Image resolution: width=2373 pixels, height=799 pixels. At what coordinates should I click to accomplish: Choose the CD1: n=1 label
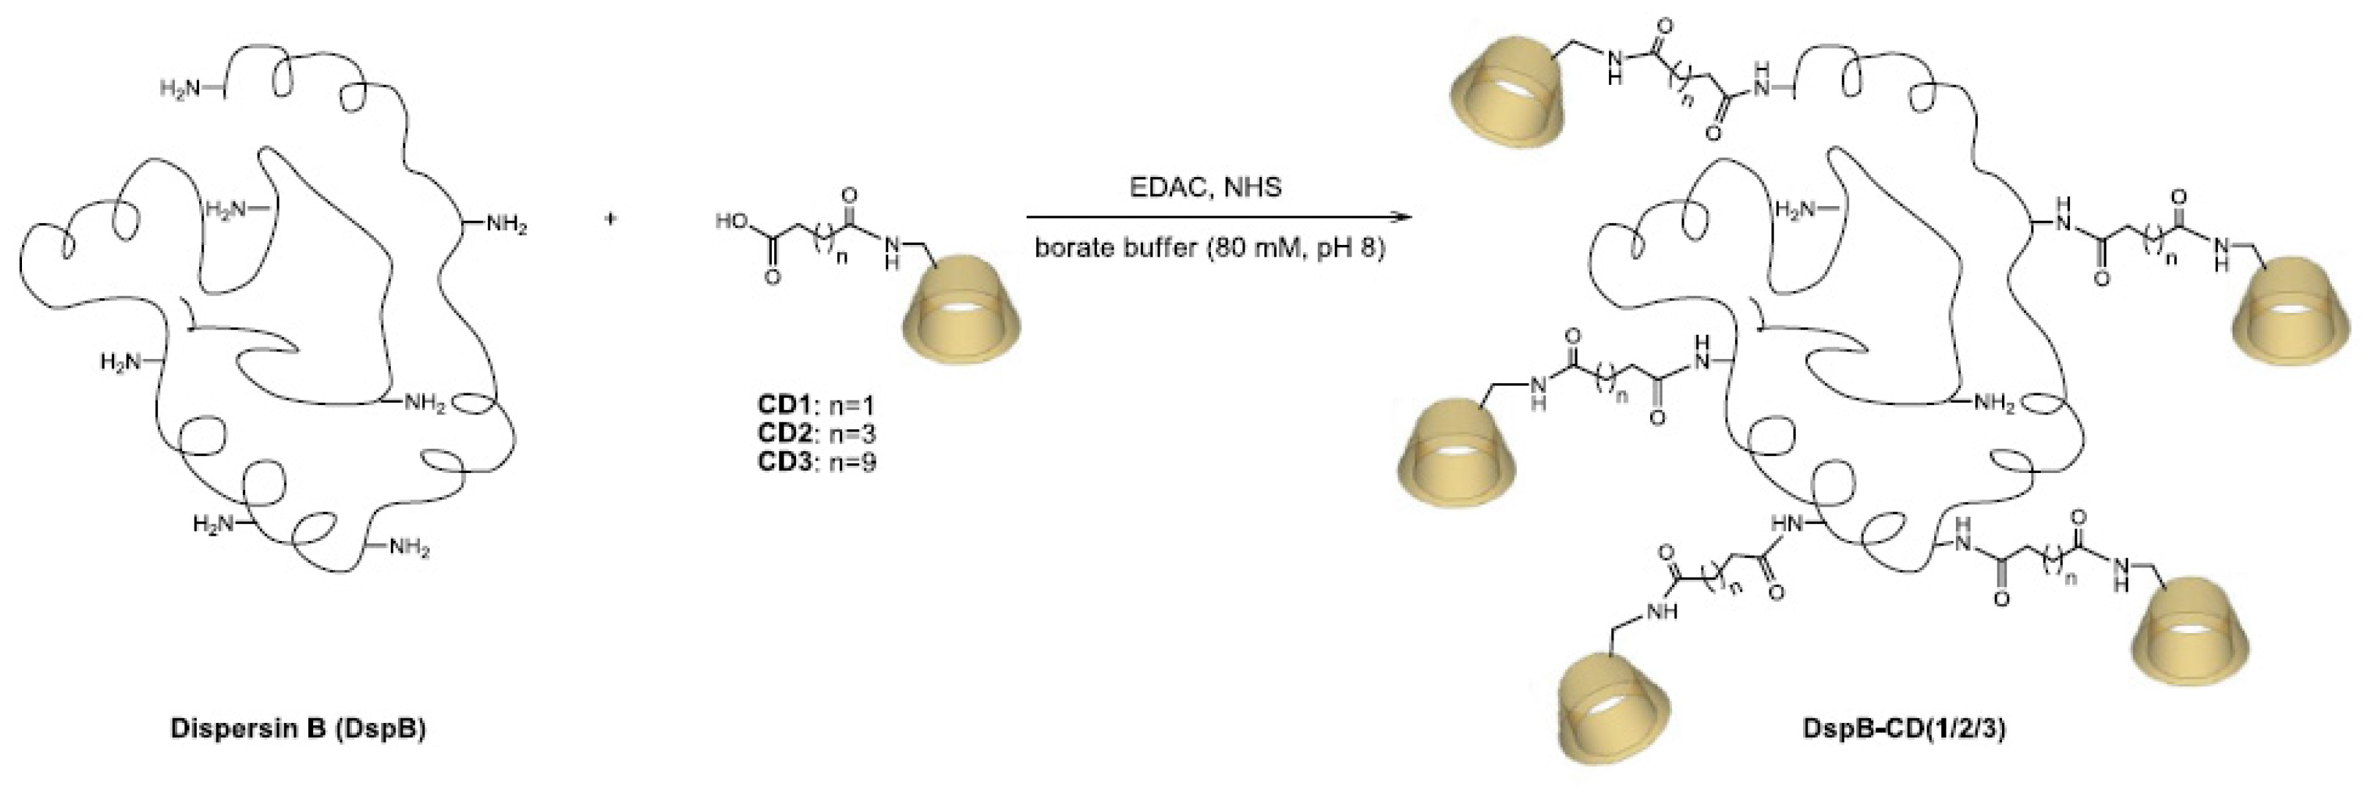point(815,404)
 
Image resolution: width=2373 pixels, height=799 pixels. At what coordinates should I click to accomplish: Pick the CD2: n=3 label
point(815,433)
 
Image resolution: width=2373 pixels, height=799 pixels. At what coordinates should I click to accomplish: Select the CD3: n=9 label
point(815,461)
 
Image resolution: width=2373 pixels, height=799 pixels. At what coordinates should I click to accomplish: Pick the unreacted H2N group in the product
point(1796,210)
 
